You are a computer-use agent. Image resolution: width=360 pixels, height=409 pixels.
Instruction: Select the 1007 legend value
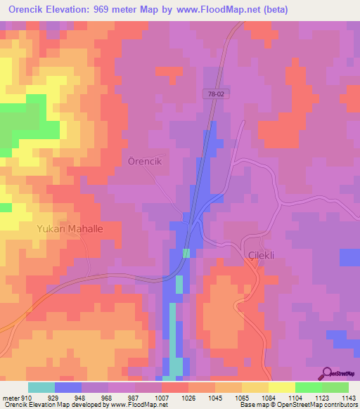pyautogui.click(x=161, y=398)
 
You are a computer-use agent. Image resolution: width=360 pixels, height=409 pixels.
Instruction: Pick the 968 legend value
pyautogui.click(x=107, y=398)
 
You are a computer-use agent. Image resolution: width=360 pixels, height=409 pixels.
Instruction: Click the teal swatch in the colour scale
pyautogui.click(x=41, y=387)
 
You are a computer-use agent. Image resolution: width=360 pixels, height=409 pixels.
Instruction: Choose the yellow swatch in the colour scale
pyautogui.click(x=281, y=387)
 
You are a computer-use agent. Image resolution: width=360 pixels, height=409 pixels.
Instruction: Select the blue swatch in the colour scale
pyautogui.click(x=68, y=387)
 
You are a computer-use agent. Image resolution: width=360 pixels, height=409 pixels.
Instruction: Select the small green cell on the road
pyautogui.click(x=186, y=253)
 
